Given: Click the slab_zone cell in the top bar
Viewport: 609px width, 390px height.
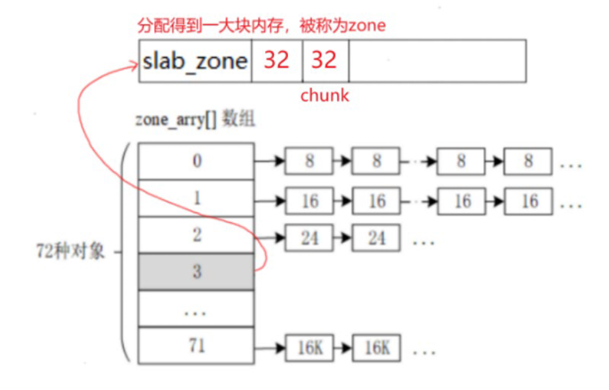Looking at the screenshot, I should pyautogui.click(x=195, y=61).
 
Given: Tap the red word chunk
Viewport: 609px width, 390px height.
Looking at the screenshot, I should pyautogui.click(x=325, y=96).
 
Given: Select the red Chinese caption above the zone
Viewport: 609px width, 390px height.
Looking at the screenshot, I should pyautogui.click(x=261, y=26).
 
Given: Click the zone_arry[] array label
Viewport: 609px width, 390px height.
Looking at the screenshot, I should pyautogui.click(x=195, y=121).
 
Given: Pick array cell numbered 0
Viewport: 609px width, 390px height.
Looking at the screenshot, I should pyautogui.click(x=196, y=161).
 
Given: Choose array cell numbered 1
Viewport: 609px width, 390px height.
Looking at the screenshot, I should pyautogui.click(x=196, y=198).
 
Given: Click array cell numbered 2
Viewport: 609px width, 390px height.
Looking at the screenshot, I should pyautogui.click(x=196, y=235).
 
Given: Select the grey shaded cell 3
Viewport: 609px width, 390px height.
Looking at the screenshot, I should pyautogui.click(x=196, y=272).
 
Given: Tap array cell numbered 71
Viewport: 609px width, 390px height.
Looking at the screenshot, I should pyautogui.click(x=196, y=345).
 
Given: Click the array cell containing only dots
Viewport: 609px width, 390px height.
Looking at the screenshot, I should pyautogui.click(x=196, y=309).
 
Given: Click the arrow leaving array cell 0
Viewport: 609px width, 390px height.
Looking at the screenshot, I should pyautogui.click(x=270, y=161).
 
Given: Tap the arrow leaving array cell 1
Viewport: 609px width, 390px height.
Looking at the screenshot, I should pyautogui.click(x=270, y=201).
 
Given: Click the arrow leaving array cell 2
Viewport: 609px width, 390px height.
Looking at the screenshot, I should pyautogui.click(x=270, y=238).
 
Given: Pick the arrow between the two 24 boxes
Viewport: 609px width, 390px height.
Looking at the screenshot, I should pyautogui.click(x=343, y=239).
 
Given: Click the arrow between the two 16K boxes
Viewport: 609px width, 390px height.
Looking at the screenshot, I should pyautogui.click(x=343, y=348).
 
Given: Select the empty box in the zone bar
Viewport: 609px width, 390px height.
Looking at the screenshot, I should pyautogui.click(x=437, y=61).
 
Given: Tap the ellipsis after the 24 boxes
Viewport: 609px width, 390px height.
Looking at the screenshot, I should pyautogui.click(x=423, y=240).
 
